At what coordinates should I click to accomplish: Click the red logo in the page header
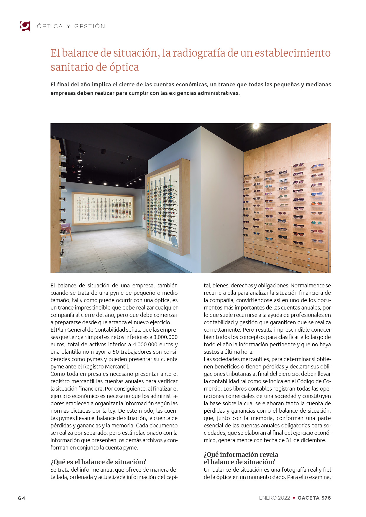pos(25,26)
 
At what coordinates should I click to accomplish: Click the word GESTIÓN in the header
pos(90,27)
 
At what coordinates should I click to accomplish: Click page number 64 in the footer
pos(22,498)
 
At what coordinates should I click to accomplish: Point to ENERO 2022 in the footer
pos(274,498)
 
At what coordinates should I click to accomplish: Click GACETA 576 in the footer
pos(314,498)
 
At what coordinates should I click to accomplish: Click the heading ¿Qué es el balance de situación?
pos(98,462)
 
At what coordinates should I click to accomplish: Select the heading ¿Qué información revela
pos(241,455)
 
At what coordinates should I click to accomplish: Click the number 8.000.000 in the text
pos(165,337)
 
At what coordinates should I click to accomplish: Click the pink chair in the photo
pos(67,229)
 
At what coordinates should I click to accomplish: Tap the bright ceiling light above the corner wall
pos(256,126)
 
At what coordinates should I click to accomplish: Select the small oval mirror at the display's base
pos(175,241)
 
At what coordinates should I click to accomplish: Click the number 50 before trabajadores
pos(116,352)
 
